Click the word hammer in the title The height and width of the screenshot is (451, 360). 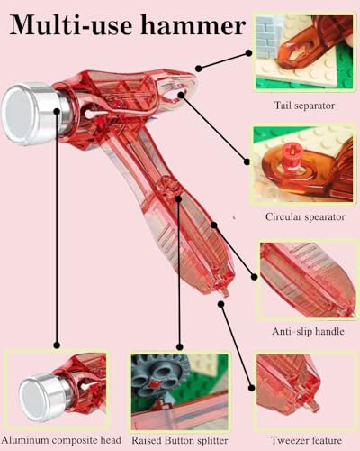pos(193,25)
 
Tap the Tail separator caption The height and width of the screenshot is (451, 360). pos(304,106)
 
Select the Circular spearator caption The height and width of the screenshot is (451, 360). pos(305,216)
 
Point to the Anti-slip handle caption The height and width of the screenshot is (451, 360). pos(308,331)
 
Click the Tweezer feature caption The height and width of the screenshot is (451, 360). pos(306,440)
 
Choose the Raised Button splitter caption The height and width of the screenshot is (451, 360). pos(180,440)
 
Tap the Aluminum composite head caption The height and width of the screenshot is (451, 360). pos(61,440)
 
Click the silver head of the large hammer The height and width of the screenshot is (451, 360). pos(33,113)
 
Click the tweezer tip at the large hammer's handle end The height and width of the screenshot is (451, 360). pos(223,292)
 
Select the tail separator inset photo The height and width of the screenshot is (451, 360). pos(303,51)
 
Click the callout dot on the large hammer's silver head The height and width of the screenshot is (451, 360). pos(57,111)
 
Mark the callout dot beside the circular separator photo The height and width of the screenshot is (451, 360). pos(247,161)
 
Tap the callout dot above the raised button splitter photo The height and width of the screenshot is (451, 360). pos(180,346)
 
